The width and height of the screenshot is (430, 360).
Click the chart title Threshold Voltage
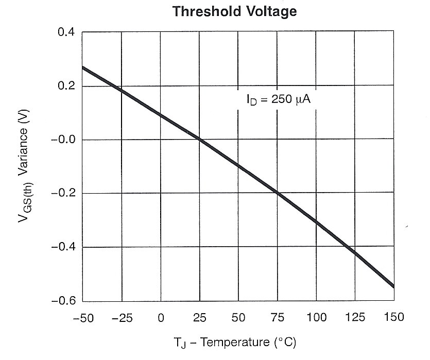[x=235, y=11]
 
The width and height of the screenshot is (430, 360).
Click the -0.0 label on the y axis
[x=64, y=140]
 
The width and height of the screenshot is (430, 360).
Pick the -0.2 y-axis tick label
[x=64, y=194]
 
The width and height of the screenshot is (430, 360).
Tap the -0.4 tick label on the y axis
[x=64, y=247]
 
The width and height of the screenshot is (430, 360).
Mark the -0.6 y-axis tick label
[x=64, y=301]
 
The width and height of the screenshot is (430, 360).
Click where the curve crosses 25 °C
[x=199, y=140]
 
